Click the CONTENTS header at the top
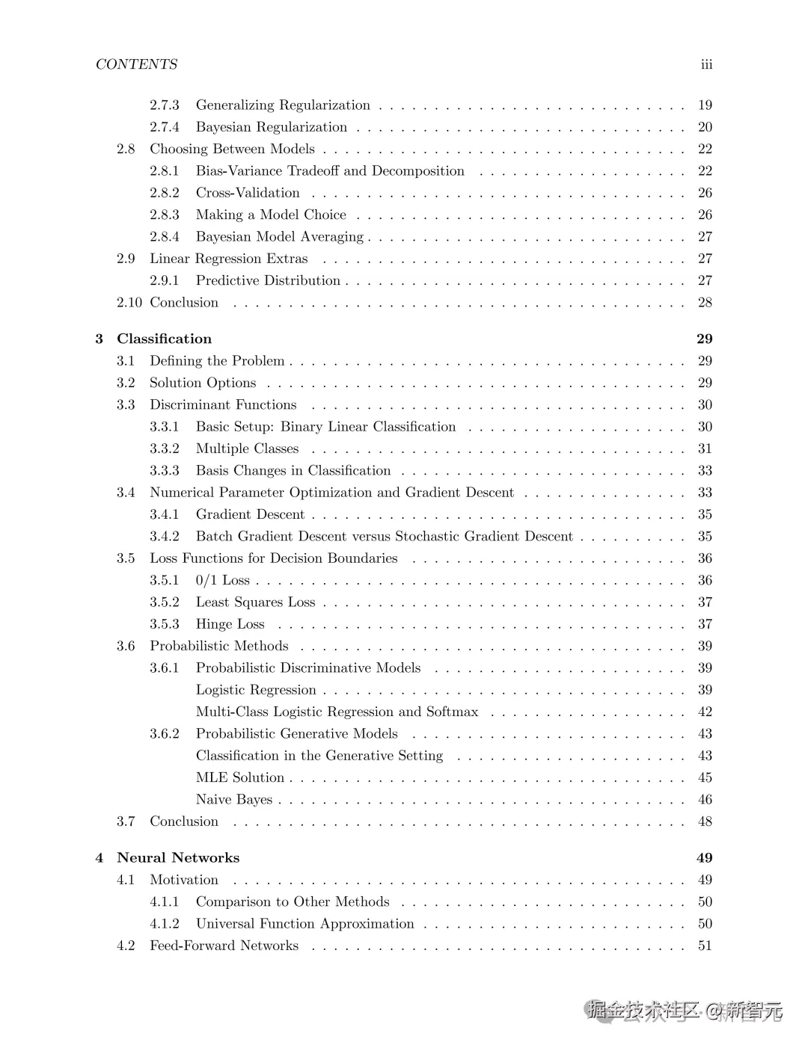(x=136, y=64)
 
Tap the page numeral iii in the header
(x=706, y=64)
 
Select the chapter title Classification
(x=164, y=339)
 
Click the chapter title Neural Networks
(x=178, y=857)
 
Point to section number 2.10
(x=129, y=302)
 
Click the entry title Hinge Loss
(x=230, y=624)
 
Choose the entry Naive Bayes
(x=234, y=799)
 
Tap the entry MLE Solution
(x=240, y=777)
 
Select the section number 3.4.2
(x=165, y=536)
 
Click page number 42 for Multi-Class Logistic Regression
(x=705, y=712)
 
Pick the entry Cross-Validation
(x=248, y=193)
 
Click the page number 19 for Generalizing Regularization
(x=705, y=105)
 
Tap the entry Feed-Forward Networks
(x=224, y=946)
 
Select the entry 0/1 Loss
(x=222, y=580)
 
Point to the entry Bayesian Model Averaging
(x=280, y=237)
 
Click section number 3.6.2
(x=165, y=733)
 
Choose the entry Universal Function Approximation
(x=304, y=924)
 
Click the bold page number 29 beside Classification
(x=704, y=339)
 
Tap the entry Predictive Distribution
(x=268, y=280)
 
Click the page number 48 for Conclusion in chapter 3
(x=705, y=821)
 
